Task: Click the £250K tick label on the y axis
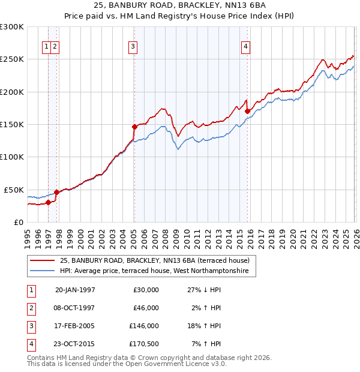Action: (11, 59)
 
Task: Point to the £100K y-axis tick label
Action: (11, 157)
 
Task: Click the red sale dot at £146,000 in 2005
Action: (134, 127)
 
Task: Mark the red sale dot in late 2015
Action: (247, 111)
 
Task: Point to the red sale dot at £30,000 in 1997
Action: (49, 202)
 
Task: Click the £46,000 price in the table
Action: (146, 308)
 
